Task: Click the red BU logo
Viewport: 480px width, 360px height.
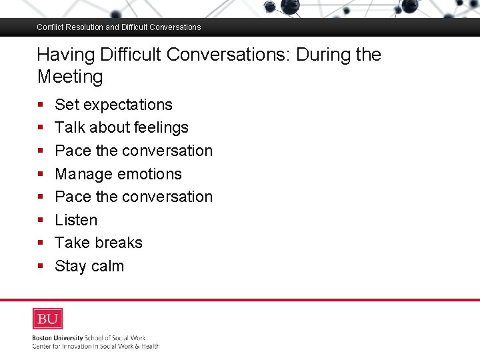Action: (x=47, y=319)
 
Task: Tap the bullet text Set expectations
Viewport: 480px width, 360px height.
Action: (x=113, y=105)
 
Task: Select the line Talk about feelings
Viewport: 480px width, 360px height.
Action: (x=121, y=127)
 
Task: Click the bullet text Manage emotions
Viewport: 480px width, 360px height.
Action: (x=118, y=174)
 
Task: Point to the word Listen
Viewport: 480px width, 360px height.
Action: (x=76, y=220)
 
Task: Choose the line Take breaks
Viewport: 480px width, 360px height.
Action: (x=99, y=243)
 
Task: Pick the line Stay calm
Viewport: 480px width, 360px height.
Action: (x=89, y=266)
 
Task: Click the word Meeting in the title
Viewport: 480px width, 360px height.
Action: (x=70, y=77)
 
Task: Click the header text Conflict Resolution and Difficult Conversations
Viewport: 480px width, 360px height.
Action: (x=119, y=27)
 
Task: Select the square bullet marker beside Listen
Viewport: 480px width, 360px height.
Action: (x=41, y=220)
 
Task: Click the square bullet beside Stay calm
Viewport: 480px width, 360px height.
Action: (x=41, y=266)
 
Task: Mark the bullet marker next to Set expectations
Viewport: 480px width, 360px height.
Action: (x=41, y=105)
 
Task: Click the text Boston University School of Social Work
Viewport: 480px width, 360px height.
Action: (x=89, y=338)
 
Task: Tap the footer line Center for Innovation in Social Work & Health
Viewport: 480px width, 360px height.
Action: (x=95, y=346)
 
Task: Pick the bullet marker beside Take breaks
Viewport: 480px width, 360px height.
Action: (x=41, y=243)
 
